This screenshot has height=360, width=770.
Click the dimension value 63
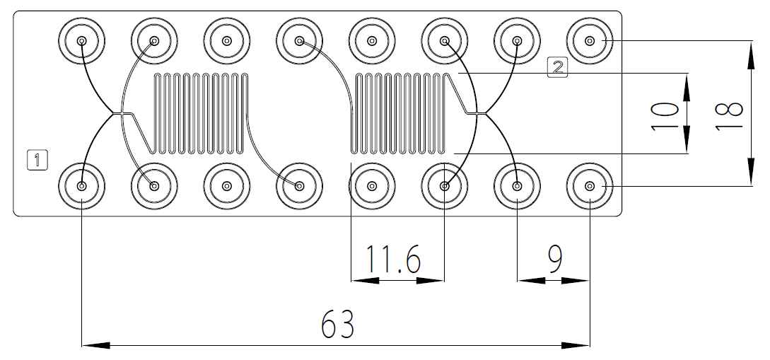pyautogui.click(x=338, y=325)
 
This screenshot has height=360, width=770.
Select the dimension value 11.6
pyautogui.click(x=393, y=260)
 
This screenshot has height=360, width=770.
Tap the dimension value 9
pyautogui.click(x=554, y=260)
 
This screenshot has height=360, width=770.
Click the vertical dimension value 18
pyautogui.click(x=728, y=114)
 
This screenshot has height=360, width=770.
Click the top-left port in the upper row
pyautogui.click(x=82, y=41)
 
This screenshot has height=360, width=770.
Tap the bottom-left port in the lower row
pyautogui.click(x=82, y=186)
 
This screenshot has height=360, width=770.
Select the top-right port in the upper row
pyautogui.click(x=590, y=41)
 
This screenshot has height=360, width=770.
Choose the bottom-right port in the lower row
pyautogui.click(x=590, y=186)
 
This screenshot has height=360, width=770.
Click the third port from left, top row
pyautogui.click(x=226, y=41)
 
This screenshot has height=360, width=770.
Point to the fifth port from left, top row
pyautogui.click(x=372, y=41)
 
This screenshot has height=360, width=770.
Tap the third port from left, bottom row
pyautogui.click(x=226, y=186)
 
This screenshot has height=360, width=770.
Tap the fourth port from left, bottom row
pyautogui.click(x=299, y=186)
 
